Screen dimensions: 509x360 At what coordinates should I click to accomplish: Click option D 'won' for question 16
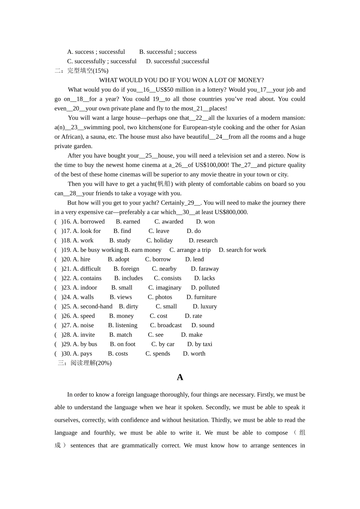point(205,222)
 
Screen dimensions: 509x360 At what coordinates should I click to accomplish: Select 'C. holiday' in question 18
point(160,240)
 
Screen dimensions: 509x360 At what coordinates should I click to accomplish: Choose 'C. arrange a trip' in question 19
point(190,250)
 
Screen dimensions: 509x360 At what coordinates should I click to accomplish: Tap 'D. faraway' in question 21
point(205,269)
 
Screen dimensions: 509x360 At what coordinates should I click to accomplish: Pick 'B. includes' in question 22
point(128,278)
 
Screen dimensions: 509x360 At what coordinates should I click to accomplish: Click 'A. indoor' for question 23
point(85,288)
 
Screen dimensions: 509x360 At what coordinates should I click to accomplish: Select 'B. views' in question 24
point(121,297)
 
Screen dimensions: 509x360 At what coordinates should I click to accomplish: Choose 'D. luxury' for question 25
point(205,306)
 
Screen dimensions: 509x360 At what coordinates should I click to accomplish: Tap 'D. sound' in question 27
point(203,325)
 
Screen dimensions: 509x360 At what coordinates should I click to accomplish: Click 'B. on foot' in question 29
point(122,344)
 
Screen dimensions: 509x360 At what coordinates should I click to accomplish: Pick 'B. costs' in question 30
point(118,354)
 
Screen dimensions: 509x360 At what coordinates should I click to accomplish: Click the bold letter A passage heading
point(180,377)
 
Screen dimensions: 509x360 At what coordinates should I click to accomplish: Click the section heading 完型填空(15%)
point(88,71)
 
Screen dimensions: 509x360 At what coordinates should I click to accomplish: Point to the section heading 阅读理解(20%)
point(91,363)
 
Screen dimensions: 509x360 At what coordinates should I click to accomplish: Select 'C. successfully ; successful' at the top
point(102,61)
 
